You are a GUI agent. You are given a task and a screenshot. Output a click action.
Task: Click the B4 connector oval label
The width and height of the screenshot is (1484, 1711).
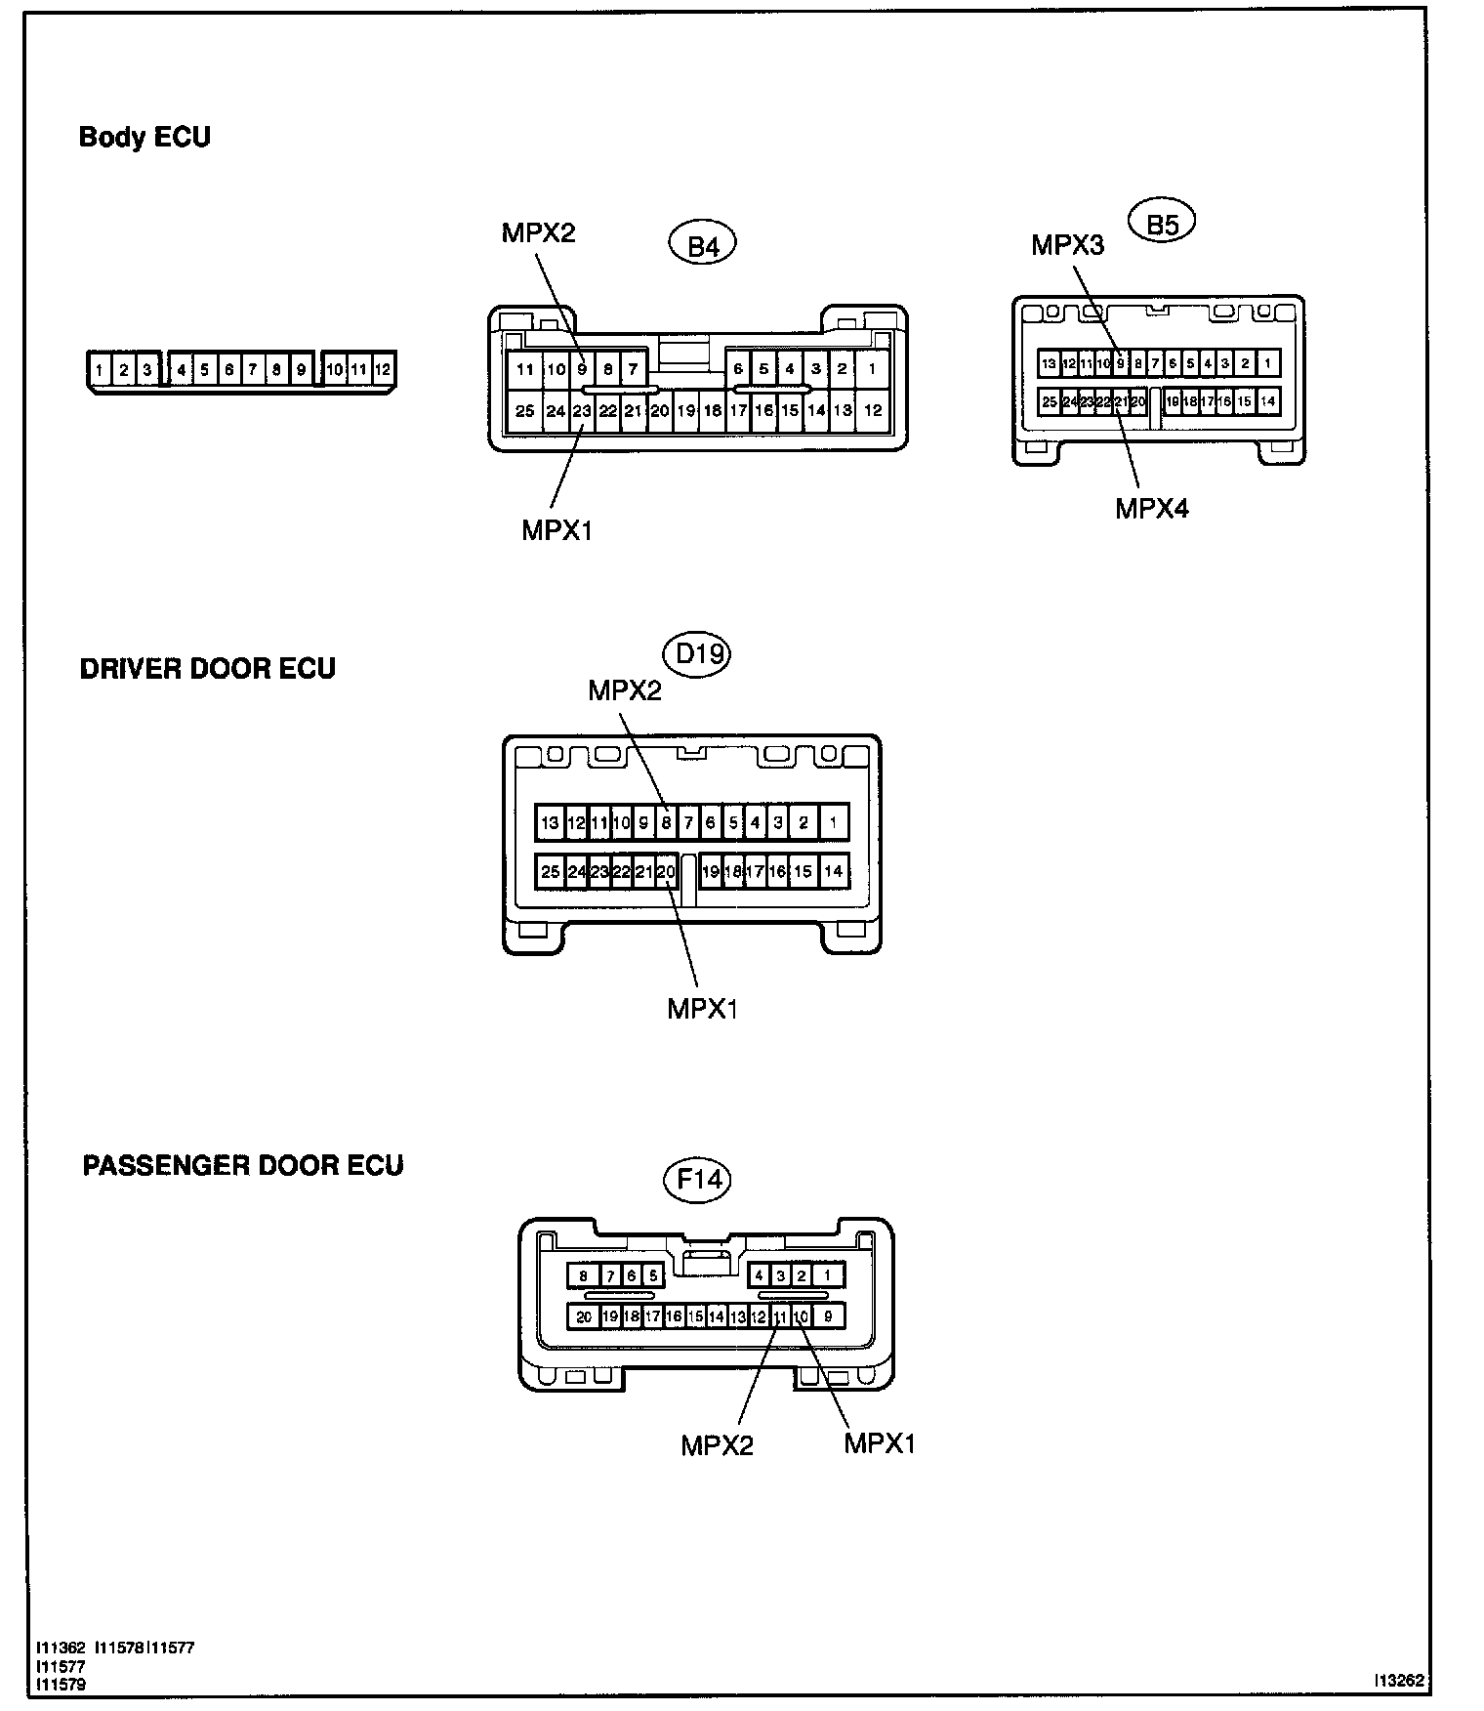pos(702,245)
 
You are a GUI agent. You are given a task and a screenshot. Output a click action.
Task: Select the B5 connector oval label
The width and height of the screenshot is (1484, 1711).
pos(1162,224)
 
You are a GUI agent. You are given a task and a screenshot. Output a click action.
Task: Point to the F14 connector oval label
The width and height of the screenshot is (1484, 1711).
pos(698,1180)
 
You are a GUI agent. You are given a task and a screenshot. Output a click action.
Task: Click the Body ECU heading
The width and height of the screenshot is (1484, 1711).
pos(144,137)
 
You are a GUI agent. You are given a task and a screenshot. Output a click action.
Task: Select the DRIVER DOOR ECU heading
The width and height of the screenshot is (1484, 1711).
pos(208,669)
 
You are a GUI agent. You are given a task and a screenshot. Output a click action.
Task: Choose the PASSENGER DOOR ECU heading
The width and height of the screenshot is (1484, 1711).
pos(243,1165)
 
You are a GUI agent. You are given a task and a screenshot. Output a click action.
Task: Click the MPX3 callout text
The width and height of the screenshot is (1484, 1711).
pos(1067,245)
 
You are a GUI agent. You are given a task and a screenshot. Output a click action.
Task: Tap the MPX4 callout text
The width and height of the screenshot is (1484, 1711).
pos(1152,508)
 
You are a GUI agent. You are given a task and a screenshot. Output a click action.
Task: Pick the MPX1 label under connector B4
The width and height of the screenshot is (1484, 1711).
pos(556,530)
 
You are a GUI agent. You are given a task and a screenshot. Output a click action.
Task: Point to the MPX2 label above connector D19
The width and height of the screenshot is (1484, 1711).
pos(624,690)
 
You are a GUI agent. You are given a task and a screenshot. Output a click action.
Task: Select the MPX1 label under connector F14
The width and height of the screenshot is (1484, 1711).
pos(880,1443)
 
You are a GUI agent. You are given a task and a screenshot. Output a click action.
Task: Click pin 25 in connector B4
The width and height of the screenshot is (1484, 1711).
pos(524,411)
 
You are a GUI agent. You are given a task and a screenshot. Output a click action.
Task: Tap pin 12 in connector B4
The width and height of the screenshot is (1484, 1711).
pos(873,411)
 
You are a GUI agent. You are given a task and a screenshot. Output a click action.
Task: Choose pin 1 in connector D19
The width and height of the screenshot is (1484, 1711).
pos(833,822)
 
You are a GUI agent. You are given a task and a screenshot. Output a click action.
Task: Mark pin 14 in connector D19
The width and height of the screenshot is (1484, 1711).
pos(833,871)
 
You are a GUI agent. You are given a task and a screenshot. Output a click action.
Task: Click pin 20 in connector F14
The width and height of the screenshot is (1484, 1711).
pos(584,1316)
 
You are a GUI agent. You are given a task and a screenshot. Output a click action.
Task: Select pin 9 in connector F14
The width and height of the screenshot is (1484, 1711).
pos(828,1316)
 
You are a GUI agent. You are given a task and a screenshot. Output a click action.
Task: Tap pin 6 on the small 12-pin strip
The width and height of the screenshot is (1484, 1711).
pos(228,370)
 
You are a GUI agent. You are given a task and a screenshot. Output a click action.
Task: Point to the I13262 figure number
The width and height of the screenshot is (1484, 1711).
pos(1398,1681)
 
